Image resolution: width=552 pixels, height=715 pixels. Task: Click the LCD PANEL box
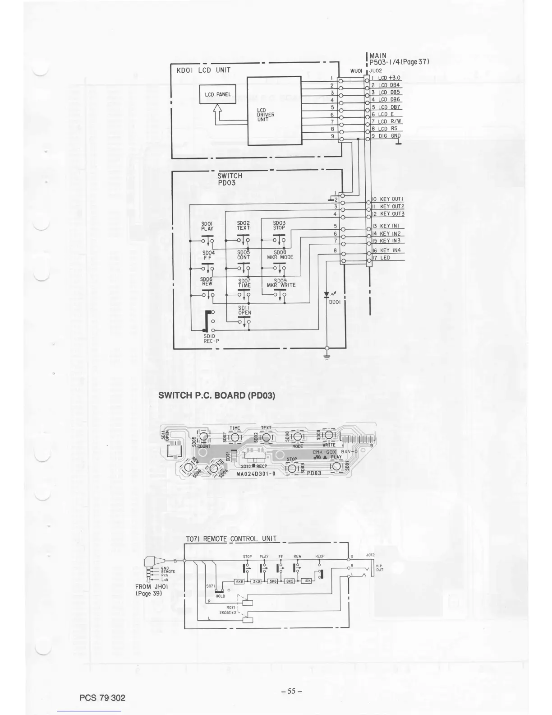coord(217,94)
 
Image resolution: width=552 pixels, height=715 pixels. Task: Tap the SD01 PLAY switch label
coord(207,226)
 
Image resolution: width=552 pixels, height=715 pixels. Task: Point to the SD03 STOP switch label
coord(279,225)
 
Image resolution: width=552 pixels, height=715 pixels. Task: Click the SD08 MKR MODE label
coord(280,255)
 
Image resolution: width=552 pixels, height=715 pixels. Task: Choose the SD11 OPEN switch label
coord(244,310)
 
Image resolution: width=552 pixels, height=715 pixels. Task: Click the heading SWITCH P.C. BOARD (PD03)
coord(216,395)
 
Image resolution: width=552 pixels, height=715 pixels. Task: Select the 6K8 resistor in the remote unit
coord(240,581)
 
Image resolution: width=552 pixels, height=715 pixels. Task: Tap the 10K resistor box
coord(307,581)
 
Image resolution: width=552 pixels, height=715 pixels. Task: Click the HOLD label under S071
coord(220,596)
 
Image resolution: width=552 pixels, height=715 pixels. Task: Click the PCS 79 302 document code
coord(102,698)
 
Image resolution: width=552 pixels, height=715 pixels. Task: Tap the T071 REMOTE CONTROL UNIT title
coord(231,539)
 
